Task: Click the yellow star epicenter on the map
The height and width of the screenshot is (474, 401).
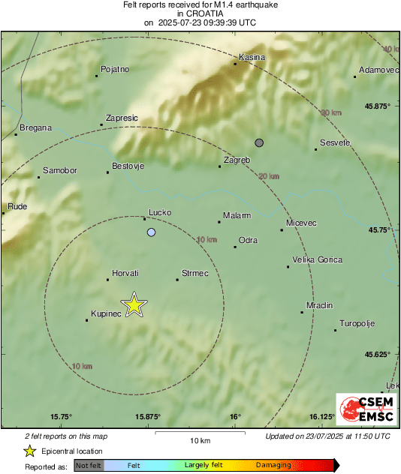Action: point(134,304)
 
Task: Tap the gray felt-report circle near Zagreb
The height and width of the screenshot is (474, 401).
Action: point(259,142)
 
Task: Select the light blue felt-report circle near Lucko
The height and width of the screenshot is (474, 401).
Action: point(152,232)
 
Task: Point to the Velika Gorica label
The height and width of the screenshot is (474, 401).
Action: point(317,260)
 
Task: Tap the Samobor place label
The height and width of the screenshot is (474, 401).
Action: point(60,170)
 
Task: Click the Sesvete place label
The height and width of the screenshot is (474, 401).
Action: point(335,142)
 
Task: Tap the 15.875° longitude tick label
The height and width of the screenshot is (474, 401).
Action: point(148,416)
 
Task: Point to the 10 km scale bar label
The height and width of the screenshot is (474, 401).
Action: point(199,440)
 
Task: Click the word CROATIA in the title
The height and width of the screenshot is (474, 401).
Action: point(200,13)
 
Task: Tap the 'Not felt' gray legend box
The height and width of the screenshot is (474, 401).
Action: point(89,466)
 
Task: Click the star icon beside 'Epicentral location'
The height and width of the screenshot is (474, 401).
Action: point(29,451)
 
